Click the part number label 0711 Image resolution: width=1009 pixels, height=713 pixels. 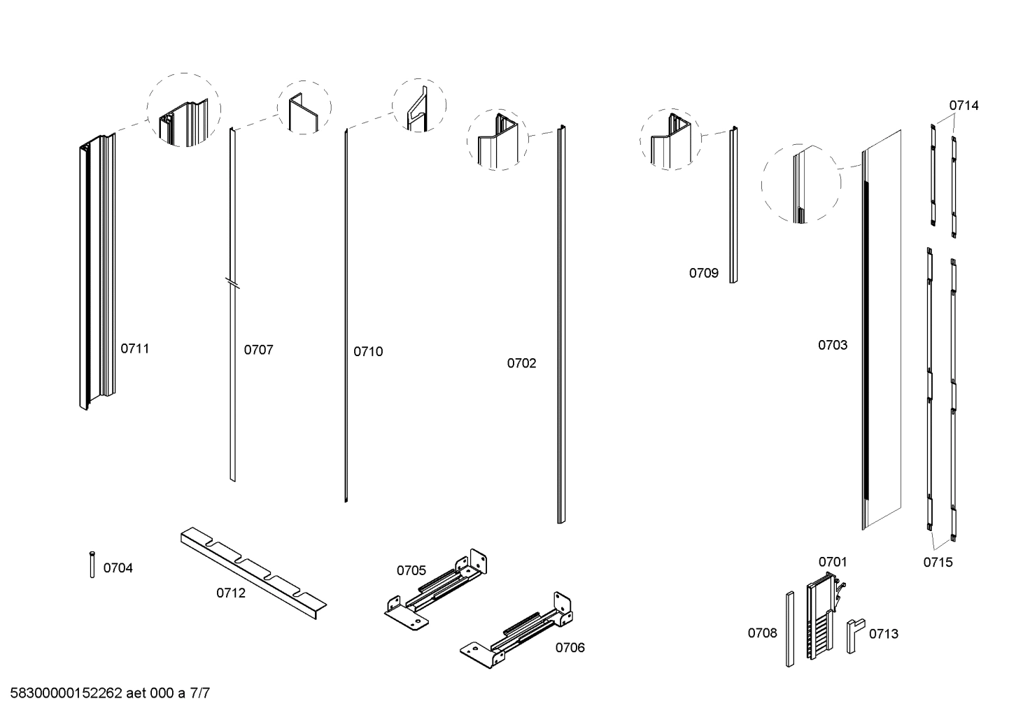(x=135, y=348)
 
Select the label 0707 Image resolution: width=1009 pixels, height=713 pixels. (x=258, y=350)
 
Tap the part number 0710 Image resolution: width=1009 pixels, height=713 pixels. (x=368, y=351)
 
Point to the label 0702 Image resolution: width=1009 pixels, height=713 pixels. (x=521, y=363)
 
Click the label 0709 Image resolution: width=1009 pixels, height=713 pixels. (x=703, y=273)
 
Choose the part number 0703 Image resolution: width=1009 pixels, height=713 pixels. (x=833, y=345)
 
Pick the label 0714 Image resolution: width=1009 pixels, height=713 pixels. (x=964, y=106)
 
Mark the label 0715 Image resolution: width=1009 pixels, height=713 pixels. (x=938, y=562)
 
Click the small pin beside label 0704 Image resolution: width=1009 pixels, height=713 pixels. (x=92, y=565)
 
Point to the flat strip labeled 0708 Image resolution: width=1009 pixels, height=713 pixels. (x=789, y=628)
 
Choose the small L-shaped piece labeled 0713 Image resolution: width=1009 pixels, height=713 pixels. (x=854, y=634)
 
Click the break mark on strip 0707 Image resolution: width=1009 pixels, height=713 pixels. (x=232, y=283)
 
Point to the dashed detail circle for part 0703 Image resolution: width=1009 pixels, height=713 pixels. (x=801, y=183)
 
